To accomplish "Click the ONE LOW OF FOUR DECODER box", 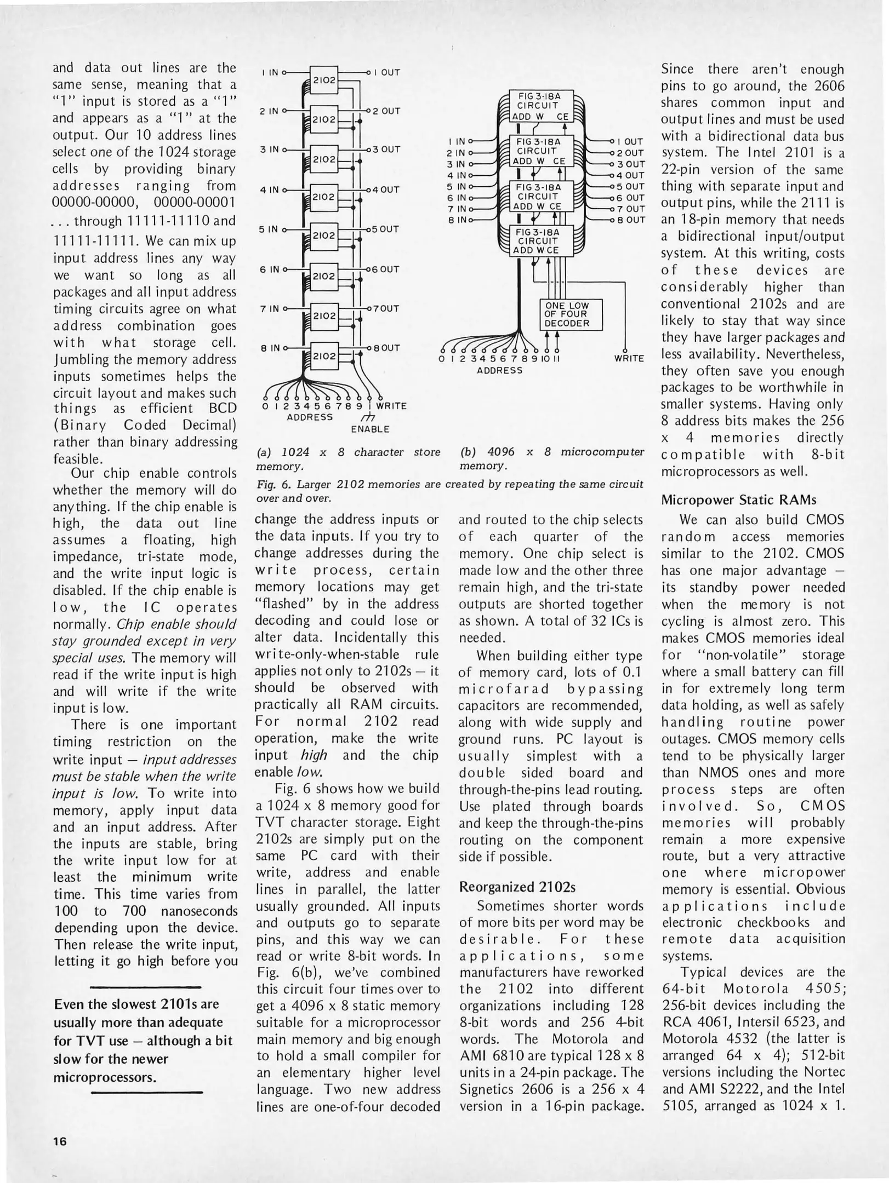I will (571, 314).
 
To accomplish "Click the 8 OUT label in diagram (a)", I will (386, 348).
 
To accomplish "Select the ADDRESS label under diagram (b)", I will (499, 371).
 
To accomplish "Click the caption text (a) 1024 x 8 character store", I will (348, 452).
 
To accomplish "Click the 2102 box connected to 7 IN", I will (324, 316).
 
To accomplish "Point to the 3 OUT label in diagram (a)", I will (386, 149).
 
